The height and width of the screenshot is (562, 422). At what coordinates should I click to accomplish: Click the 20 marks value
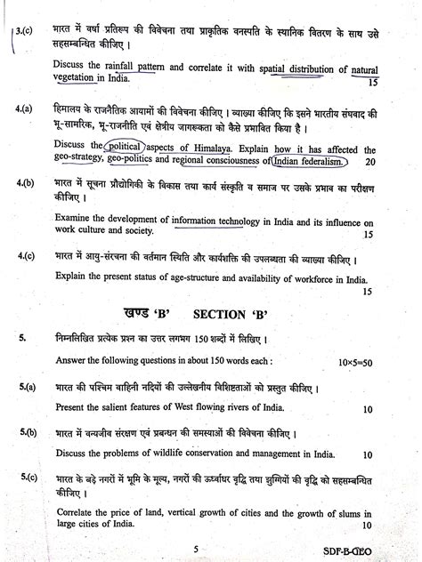[370, 164]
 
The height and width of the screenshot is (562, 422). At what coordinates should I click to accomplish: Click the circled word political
[128, 146]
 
